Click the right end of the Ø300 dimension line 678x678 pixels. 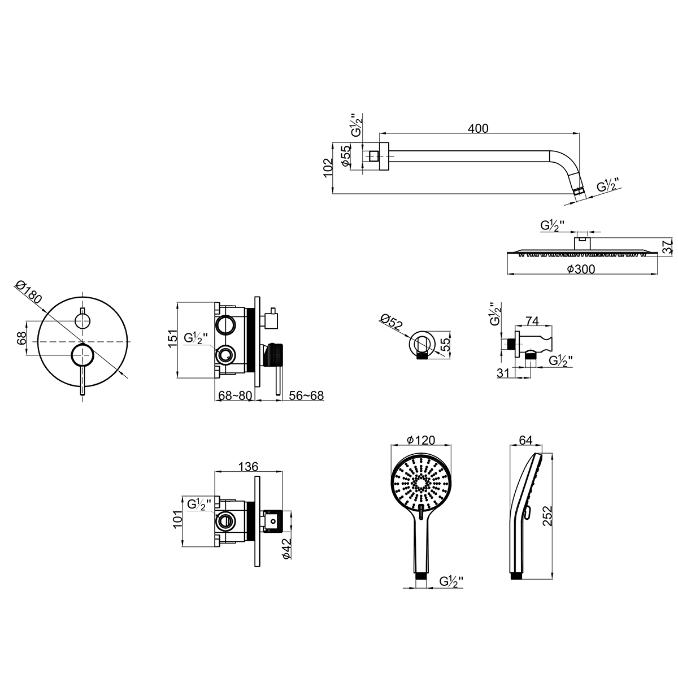pyautogui.click(x=657, y=274)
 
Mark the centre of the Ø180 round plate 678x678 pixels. pyautogui.click(x=82, y=342)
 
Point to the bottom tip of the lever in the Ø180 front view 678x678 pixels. pyautogui.click(x=82, y=395)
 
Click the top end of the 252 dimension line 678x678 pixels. pyautogui.click(x=552, y=454)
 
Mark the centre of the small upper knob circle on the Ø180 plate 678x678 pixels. pyautogui.click(x=82, y=321)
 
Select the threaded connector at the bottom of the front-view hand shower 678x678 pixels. pyautogui.click(x=421, y=584)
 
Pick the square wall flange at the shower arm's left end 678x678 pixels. pyautogui.click(x=384, y=157)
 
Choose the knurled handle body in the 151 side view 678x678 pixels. pyautogui.click(x=276, y=355)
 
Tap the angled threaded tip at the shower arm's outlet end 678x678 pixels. pyautogui.click(x=578, y=192)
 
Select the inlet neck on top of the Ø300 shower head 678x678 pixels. pyautogui.click(x=583, y=244)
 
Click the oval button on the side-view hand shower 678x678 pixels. pyautogui.click(x=527, y=514)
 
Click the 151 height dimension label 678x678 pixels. pyautogui.click(x=172, y=339)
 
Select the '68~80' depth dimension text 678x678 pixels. pyautogui.click(x=235, y=396)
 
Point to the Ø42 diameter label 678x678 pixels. pyautogui.click(x=286, y=549)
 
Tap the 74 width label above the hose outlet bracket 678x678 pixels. pyautogui.click(x=532, y=321)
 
